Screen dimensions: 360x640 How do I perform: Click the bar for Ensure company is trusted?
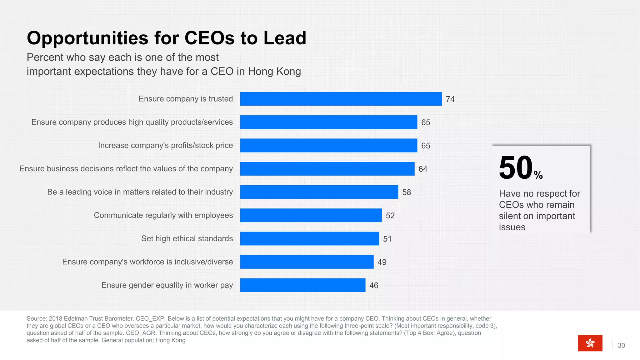click(341, 99)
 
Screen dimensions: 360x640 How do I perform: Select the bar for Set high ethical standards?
click(309, 238)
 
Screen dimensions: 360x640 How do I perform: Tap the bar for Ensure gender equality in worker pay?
click(302, 285)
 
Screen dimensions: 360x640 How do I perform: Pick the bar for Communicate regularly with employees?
click(311, 215)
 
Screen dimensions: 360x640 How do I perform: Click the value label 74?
click(450, 99)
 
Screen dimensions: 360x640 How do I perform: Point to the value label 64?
click(422, 169)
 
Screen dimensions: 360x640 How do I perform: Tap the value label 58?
click(406, 192)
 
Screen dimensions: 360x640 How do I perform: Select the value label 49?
click(382, 262)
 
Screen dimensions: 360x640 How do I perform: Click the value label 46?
click(373, 285)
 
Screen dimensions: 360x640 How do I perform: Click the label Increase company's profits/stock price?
click(165, 145)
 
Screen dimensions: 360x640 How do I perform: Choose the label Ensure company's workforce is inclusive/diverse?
click(147, 262)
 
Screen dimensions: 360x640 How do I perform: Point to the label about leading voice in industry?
click(140, 192)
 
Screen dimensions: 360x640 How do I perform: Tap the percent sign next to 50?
click(538, 175)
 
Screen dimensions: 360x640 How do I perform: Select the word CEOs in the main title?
click(209, 38)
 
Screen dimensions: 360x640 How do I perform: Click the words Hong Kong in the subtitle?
click(274, 71)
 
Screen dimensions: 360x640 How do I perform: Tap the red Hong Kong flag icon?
click(590, 343)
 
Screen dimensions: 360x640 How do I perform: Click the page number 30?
click(621, 345)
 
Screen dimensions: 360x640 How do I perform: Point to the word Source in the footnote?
click(36, 318)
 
